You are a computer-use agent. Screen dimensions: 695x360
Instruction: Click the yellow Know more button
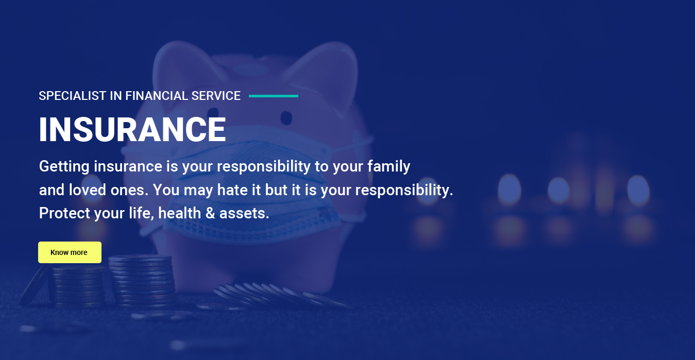click(x=70, y=252)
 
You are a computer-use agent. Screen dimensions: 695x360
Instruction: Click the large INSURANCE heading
click(x=132, y=129)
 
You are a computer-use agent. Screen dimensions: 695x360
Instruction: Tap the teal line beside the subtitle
click(x=274, y=96)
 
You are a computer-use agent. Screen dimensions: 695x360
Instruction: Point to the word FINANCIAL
click(x=157, y=96)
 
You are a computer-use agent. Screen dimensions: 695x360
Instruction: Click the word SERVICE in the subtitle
click(x=216, y=96)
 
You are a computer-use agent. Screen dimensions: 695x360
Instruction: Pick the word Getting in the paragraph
click(x=64, y=167)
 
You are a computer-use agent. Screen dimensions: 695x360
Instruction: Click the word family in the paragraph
click(x=389, y=167)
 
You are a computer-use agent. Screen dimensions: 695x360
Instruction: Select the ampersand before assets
click(x=210, y=213)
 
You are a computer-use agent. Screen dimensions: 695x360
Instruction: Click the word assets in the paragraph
click(x=244, y=214)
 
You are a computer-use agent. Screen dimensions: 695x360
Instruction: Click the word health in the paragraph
click(x=180, y=213)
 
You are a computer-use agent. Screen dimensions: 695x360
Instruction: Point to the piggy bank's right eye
click(x=286, y=118)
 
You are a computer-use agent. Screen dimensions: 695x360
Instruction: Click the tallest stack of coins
click(x=141, y=281)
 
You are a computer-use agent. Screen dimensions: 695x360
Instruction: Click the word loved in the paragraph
click(x=88, y=190)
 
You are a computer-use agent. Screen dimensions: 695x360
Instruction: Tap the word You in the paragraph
click(x=166, y=190)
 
